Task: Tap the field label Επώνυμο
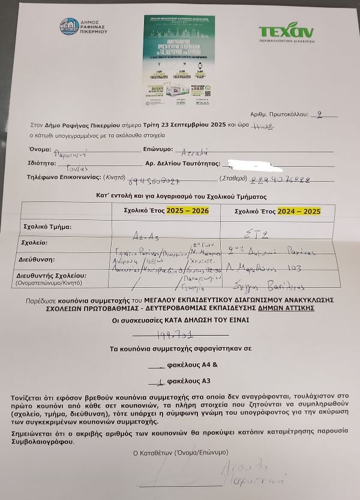point(158,149)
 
